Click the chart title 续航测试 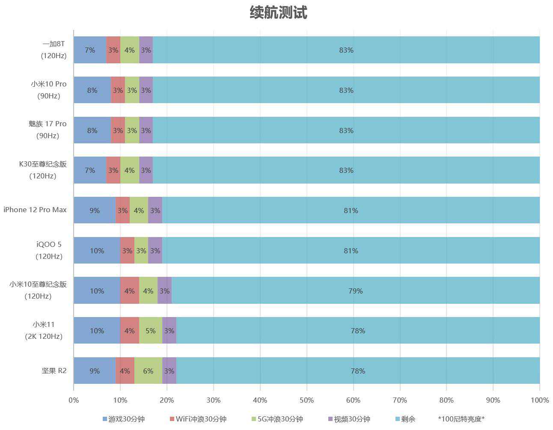tap(278, 12)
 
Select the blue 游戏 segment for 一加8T tap(90, 50)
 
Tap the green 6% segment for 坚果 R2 tap(148, 371)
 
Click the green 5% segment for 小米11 tap(150, 331)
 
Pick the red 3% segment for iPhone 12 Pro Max tap(122, 211)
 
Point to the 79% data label tap(355, 291)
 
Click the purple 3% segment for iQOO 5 tap(155, 251)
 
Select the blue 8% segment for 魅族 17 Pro tap(92, 130)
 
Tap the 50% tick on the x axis tap(306, 400)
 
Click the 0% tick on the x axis tap(74, 400)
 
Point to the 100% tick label tap(539, 400)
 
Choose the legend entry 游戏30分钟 tap(124, 419)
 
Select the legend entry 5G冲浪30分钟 tap(277, 419)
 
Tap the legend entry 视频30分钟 tap(348, 419)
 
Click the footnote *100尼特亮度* tap(461, 419)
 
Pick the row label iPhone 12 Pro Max tap(35, 210)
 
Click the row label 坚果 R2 tap(54, 371)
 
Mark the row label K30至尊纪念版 tap(43, 164)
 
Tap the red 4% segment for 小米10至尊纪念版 tap(129, 291)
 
